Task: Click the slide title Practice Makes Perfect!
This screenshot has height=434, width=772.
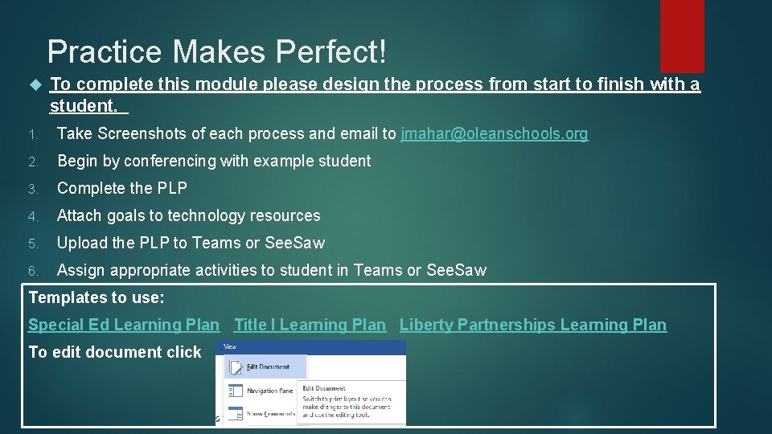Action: [x=217, y=52]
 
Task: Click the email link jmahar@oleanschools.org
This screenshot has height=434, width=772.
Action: [x=494, y=134]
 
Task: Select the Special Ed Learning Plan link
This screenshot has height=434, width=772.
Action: [x=123, y=325]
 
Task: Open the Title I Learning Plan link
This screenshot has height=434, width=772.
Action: [x=310, y=325]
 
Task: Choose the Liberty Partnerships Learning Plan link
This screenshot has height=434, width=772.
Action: [x=532, y=325]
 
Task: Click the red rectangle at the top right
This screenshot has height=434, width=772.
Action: [x=682, y=35]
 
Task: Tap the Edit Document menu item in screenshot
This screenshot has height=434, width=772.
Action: [x=268, y=366]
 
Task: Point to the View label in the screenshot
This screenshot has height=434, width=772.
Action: [x=230, y=346]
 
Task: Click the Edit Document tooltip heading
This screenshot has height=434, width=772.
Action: [x=324, y=388]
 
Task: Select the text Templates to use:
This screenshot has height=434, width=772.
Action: [x=96, y=298]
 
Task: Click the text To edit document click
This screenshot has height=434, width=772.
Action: [x=115, y=352]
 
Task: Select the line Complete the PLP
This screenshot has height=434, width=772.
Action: [x=122, y=189]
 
